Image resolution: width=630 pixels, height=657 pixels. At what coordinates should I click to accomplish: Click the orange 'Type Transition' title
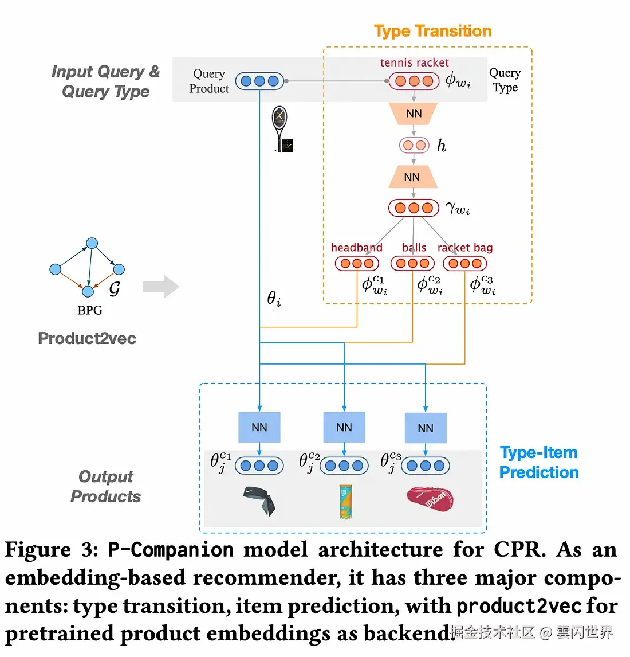pyautogui.click(x=432, y=31)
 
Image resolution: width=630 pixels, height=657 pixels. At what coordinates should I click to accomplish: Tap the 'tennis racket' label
pyautogui.click(x=414, y=62)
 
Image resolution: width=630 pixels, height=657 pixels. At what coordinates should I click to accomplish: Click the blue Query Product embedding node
pyautogui.click(x=259, y=81)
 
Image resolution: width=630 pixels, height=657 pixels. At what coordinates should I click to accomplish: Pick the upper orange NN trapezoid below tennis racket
pyautogui.click(x=414, y=114)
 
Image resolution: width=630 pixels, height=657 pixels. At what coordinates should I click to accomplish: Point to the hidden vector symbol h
pyautogui.click(x=441, y=146)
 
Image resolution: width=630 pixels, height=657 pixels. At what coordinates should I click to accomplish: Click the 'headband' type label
pyautogui.click(x=356, y=248)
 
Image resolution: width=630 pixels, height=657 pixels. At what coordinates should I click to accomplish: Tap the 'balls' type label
pyautogui.click(x=414, y=248)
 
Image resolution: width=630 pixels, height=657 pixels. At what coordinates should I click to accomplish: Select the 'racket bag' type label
pyautogui.click(x=464, y=248)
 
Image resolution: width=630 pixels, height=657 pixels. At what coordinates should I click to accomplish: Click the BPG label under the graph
pyautogui.click(x=90, y=310)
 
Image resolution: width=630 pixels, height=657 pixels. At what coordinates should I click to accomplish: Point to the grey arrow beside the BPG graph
pyautogui.click(x=161, y=286)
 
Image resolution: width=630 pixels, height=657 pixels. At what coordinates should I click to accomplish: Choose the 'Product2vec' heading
pyautogui.click(x=87, y=338)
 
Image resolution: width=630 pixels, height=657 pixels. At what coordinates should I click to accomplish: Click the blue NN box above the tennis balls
pyautogui.click(x=344, y=427)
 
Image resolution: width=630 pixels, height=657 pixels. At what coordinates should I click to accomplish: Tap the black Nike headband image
pyautogui.click(x=259, y=500)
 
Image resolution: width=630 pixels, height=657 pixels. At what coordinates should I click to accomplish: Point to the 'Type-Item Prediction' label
pyautogui.click(x=538, y=462)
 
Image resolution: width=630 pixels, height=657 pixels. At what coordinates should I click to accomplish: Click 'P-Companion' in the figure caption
pyautogui.click(x=171, y=550)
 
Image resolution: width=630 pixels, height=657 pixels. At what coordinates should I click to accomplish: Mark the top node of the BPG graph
pyautogui.click(x=92, y=244)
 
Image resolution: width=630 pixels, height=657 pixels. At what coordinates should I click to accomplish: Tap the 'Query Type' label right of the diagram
pyautogui.click(x=505, y=80)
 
